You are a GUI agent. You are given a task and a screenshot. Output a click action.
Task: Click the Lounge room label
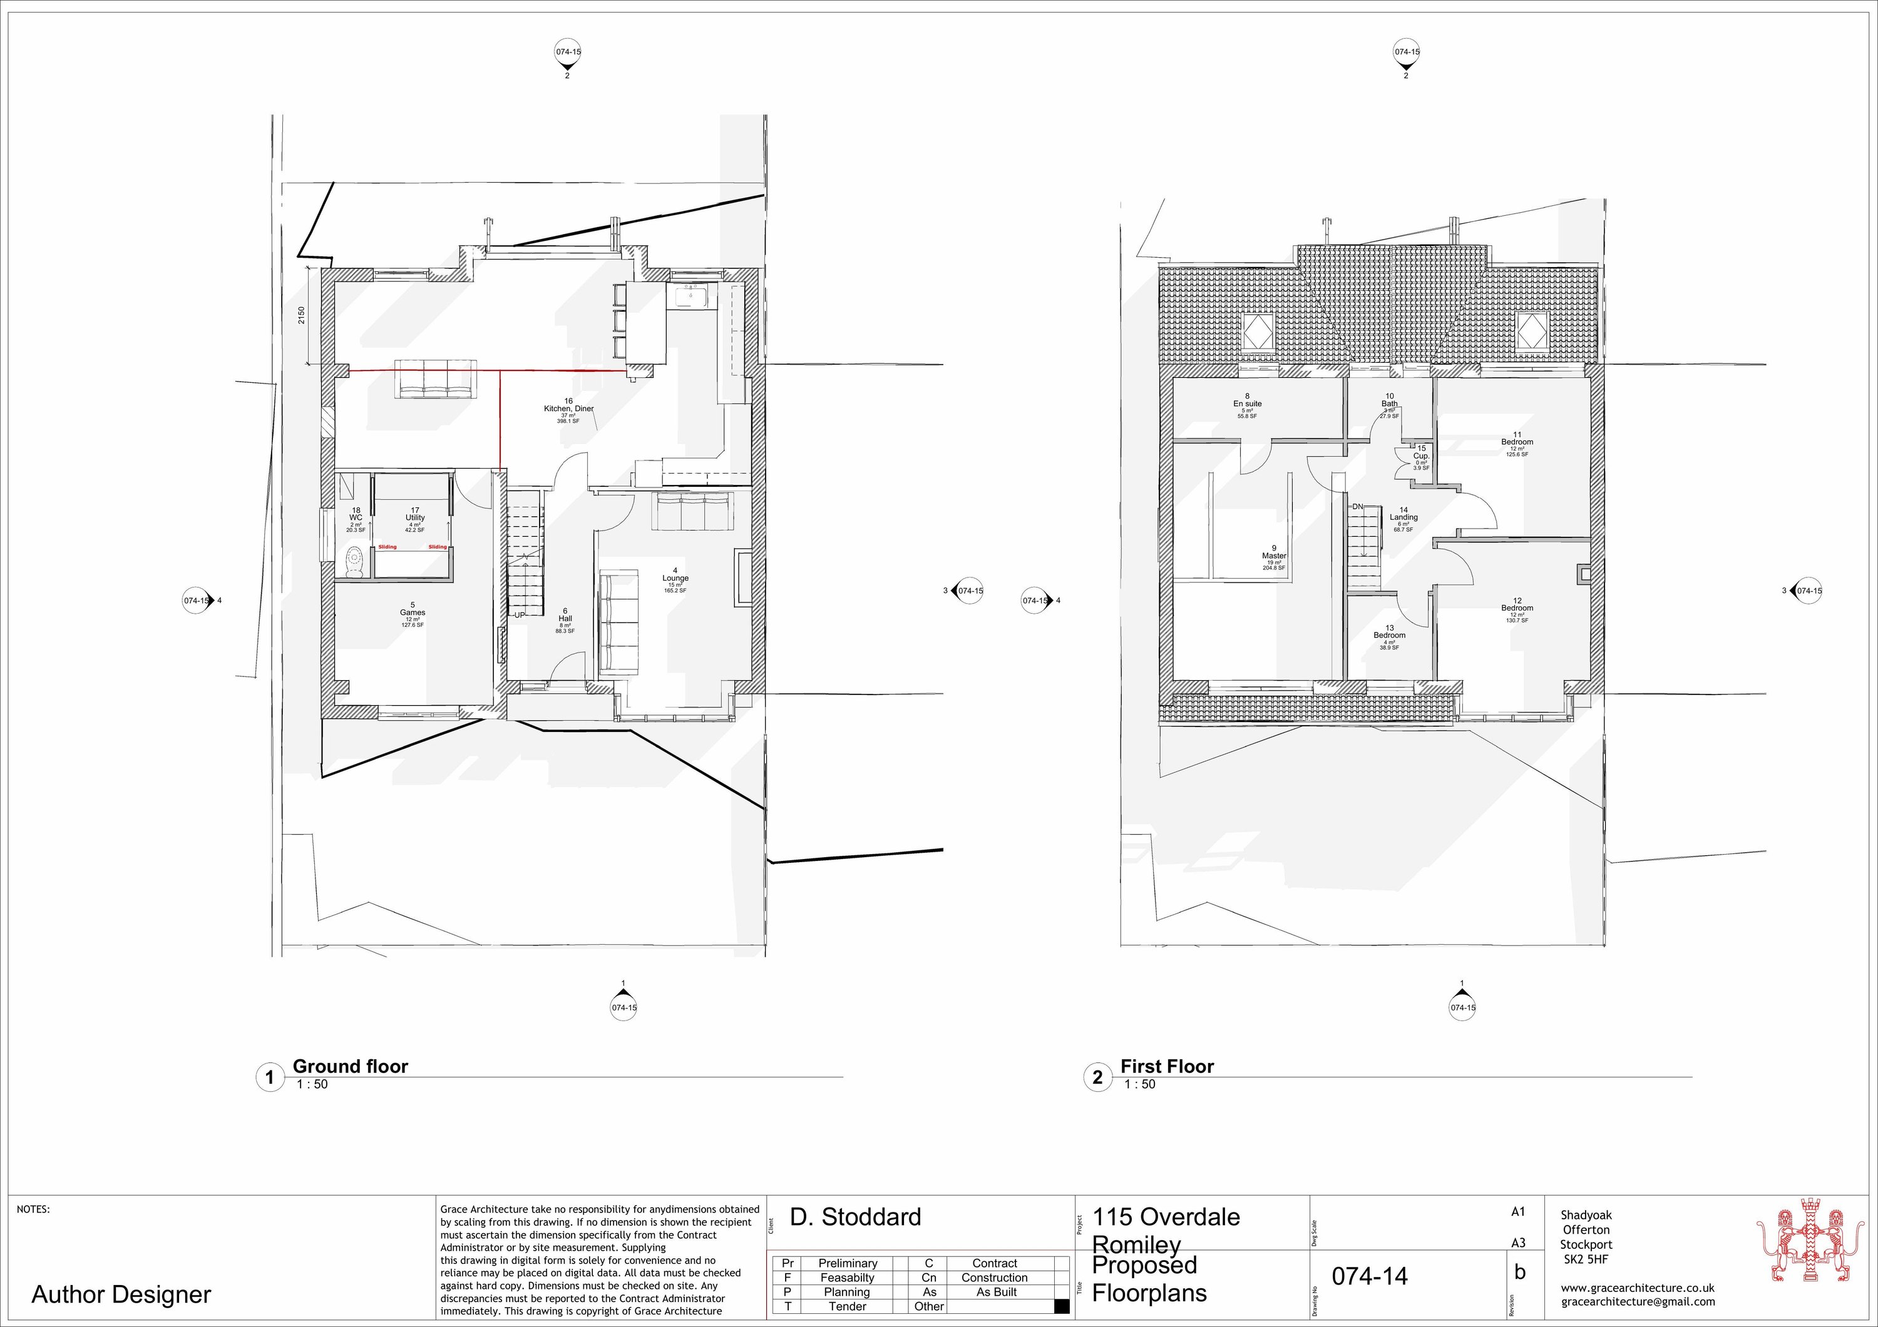[x=675, y=578]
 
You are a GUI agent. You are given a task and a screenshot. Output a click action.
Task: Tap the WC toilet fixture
[x=355, y=562]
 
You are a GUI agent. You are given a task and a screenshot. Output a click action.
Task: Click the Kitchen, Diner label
[x=568, y=408]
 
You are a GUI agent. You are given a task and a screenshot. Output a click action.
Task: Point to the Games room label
[x=413, y=613]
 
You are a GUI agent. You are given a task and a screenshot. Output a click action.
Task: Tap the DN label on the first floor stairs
[x=1357, y=507]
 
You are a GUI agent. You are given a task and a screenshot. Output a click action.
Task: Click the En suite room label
[x=1248, y=403]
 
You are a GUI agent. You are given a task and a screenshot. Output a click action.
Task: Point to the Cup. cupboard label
[x=1421, y=456]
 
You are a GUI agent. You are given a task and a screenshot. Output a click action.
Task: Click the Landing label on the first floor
[x=1403, y=517]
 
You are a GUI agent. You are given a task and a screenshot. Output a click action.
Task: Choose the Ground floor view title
[x=350, y=1066]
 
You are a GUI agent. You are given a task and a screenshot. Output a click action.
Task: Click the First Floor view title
[x=1166, y=1066]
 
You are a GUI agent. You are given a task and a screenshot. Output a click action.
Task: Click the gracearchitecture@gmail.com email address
[x=1638, y=1301]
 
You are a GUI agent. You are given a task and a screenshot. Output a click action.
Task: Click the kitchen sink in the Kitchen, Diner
[x=691, y=295]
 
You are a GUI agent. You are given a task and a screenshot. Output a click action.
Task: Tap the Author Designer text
[x=121, y=1294]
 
